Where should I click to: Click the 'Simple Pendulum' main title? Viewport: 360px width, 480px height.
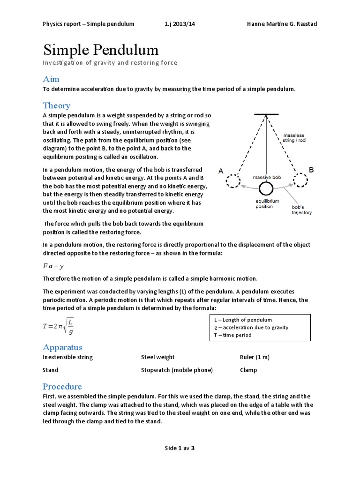(x=101, y=50)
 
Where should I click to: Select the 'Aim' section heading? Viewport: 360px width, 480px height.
(x=51, y=79)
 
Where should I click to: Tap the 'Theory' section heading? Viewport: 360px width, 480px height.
(x=57, y=105)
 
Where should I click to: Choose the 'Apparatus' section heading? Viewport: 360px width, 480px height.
(x=62, y=347)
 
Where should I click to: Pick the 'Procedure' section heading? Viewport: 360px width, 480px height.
(x=62, y=387)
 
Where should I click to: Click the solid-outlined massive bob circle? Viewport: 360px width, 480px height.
(x=266, y=188)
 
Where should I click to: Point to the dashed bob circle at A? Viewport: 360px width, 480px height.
(x=233, y=180)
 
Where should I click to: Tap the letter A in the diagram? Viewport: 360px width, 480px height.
(x=221, y=172)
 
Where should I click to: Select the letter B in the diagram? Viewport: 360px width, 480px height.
(x=311, y=169)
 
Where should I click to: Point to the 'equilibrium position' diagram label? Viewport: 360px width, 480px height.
(x=267, y=204)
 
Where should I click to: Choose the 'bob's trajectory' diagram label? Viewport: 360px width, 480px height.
(x=301, y=210)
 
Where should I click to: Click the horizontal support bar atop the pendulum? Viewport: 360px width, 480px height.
(x=266, y=114)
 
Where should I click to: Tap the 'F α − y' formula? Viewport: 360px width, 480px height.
(x=53, y=266)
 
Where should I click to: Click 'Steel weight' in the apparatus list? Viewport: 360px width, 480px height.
(x=158, y=357)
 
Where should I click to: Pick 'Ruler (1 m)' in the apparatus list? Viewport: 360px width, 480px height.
(x=255, y=357)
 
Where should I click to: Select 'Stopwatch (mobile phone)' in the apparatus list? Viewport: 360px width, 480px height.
(x=177, y=370)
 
